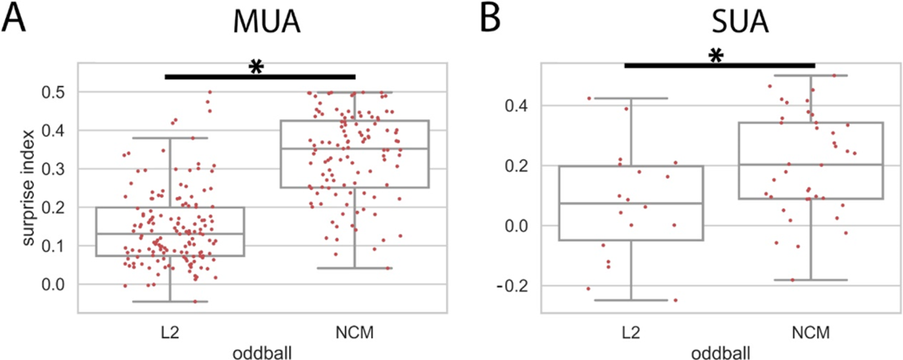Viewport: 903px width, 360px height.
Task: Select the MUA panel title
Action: click(267, 22)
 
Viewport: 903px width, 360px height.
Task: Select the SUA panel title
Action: click(739, 22)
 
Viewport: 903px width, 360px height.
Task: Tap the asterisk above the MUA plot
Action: click(256, 67)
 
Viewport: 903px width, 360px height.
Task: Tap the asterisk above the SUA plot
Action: click(715, 56)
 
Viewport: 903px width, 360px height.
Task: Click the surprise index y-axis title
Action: click(28, 187)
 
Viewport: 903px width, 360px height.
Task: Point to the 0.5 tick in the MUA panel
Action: click(53, 92)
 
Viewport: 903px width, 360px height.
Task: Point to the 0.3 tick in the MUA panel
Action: click(53, 169)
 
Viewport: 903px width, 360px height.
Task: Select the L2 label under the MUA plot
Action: click(170, 333)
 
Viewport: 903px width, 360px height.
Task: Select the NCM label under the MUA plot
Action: click(355, 333)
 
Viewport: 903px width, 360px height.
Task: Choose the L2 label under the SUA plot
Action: click(631, 333)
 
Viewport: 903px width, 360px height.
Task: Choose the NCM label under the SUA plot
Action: click(811, 333)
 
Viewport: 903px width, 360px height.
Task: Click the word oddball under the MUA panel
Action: click(262, 352)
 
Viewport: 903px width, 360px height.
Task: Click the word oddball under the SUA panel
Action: click(721, 352)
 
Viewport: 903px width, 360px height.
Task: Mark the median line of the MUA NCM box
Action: click(355, 149)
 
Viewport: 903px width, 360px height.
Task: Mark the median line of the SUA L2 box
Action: click(631, 203)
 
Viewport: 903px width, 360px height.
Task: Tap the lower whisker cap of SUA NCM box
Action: click(811, 280)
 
